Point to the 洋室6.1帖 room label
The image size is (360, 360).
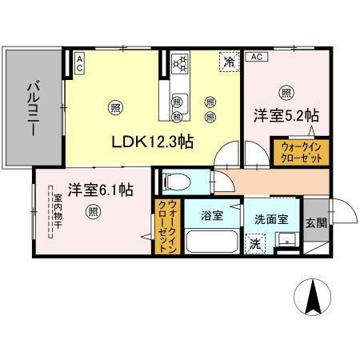pyautogui.click(x=99, y=190)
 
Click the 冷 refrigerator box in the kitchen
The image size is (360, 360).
pyautogui.click(x=230, y=61)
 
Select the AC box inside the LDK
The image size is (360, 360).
pyautogui.click(x=80, y=62)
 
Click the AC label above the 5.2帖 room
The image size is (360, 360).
pyautogui.click(x=256, y=57)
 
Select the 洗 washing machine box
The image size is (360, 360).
pyautogui.click(x=253, y=243)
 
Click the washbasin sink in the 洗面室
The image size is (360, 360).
pyautogui.click(x=284, y=241)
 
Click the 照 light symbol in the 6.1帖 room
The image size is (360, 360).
pyautogui.click(x=94, y=211)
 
